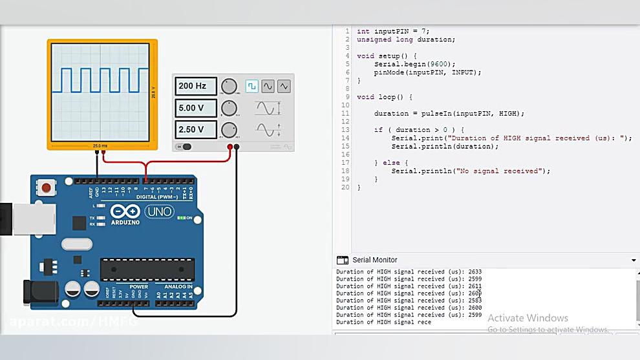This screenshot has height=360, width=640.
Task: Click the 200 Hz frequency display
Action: click(x=193, y=86)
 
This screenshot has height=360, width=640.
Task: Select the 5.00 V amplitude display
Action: click(x=193, y=108)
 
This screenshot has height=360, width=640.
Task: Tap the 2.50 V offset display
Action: click(x=193, y=129)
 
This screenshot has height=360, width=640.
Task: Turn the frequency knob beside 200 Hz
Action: click(x=229, y=87)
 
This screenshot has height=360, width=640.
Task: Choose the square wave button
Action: click(x=251, y=86)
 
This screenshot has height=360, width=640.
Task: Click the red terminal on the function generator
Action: click(x=230, y=147)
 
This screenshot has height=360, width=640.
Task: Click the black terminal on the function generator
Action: click(x=237, y=147)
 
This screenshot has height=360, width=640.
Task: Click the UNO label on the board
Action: click(x=159, y=211)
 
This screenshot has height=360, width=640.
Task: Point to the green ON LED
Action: click(x=180, y=218)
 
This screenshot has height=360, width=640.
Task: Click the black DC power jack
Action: click(x=36, y=291)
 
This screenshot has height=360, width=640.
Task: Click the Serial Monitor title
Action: click(x=375, y=260)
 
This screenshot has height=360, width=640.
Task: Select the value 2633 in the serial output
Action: click(x=474, y=272)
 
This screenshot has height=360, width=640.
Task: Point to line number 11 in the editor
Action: click(x=345, y=113)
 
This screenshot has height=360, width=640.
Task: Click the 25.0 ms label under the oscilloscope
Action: click(x=100, y=145)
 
